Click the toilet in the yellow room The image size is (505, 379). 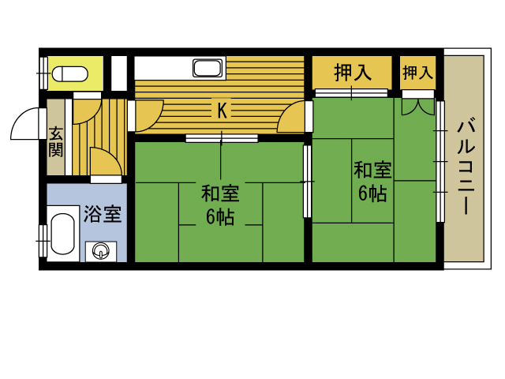click(x=70, y=73)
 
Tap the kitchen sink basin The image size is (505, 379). click(x=208, y=68)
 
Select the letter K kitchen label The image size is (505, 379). click(x=222, y=111)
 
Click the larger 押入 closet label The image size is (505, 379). click(x=353, y=73)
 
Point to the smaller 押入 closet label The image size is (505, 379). click(x=417, y=72)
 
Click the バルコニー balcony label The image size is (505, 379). click(x=466, y=167)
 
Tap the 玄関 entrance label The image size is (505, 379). click(x=56, y=142)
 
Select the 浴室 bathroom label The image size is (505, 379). click(x=103, y=214)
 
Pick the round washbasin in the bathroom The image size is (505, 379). click(x=101, y=251)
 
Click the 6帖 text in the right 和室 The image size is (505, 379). click(x=372, y=193)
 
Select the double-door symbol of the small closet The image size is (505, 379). click(x=417, y=107)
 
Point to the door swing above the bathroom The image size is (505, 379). click(x=107, y=161)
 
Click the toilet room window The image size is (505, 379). click(x=43, y=73)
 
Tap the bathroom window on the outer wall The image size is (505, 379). click(x=43, y=241)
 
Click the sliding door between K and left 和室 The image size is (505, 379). click(x=222, y=139)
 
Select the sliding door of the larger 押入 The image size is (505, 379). click(x=351, y=93)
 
